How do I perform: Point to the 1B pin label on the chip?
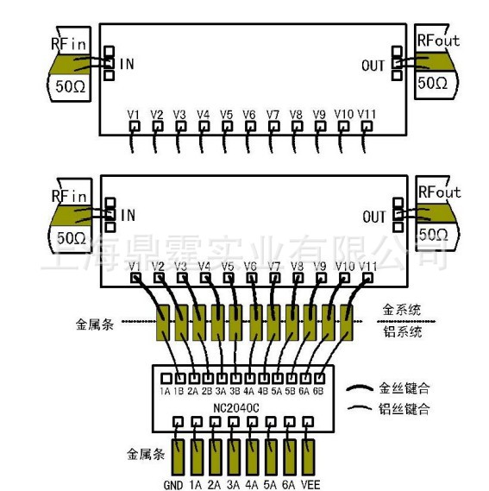pos(179,390)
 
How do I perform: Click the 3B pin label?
pos(234,390)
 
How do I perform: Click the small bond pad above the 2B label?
pos(206,377)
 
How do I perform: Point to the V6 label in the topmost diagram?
pos(249,114)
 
